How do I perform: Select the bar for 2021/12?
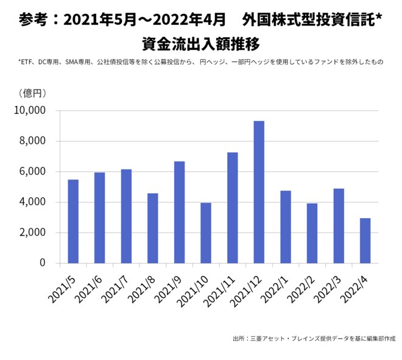[x=259, y=192]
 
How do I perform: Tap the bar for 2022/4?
[x=365, y=241]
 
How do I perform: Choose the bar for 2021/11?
[x=232, y=208]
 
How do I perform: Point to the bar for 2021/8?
[x=153, y=228]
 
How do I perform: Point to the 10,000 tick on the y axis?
[x=29, y=111]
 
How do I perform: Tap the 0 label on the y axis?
[x=43, y=263]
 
